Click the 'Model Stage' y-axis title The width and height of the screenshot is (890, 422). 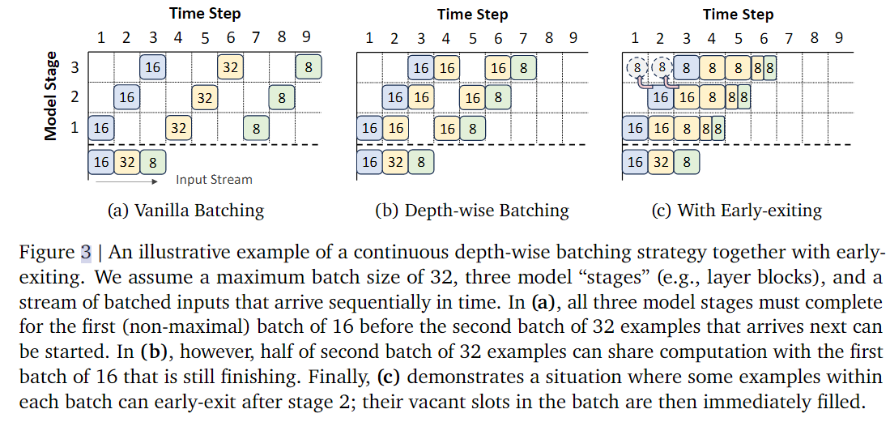tap(51, 96)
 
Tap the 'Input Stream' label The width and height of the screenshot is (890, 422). tap(214, 180)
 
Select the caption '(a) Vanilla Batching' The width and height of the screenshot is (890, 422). tap(185, 211)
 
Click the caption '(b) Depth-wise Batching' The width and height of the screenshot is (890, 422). tap(472, 211)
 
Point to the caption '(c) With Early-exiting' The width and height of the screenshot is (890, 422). tap(736, 211)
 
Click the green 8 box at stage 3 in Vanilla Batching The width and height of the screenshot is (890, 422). tap(308, 67)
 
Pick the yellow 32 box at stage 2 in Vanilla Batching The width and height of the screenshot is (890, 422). tap(204, 98)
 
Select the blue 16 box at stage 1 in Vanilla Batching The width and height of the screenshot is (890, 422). tap(100, 128)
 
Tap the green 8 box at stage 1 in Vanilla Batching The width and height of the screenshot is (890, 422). tap(256, 128)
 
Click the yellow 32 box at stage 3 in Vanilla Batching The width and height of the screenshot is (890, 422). tap(230, 67)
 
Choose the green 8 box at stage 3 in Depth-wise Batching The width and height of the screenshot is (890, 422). tap(524, 68)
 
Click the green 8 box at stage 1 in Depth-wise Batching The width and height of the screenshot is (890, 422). tap(472, 128)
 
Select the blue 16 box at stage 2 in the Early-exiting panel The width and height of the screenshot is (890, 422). tap(662, 98)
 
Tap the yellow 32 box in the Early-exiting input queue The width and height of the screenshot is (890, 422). tap(662, 162)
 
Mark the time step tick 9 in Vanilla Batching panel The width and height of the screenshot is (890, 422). tap(307, 37)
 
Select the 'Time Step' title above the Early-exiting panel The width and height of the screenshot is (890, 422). tap(738, 15)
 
